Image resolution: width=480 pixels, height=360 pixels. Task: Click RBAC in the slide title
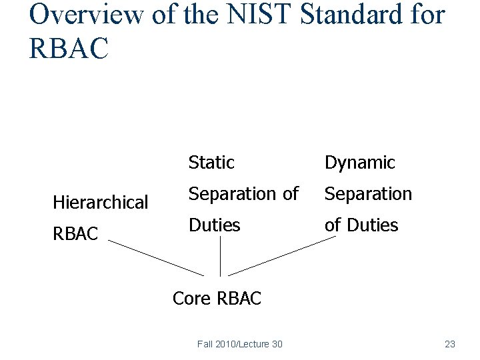coord(68,48)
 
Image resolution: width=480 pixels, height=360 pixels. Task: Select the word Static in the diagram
coord(211,163)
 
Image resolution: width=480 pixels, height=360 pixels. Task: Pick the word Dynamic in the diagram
coord(360,163)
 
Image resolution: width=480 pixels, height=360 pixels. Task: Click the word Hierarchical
coord(100,203)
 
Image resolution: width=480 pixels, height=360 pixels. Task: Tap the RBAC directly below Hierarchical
coord(75,234)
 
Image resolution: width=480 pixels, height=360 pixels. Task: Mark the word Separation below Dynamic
coord(368,194)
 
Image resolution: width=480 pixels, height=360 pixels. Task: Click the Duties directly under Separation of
coord(214,225)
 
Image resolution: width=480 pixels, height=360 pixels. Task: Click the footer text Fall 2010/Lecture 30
coord(239,344)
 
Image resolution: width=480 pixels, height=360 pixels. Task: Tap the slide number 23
coord(449,344)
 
